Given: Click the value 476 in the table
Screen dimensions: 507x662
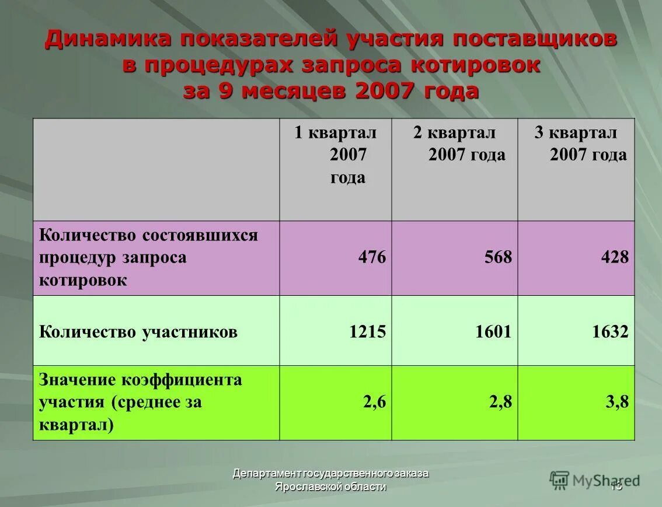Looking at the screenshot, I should click(x=372, y=257).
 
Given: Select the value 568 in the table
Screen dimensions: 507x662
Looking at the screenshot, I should click(x=497, y=257).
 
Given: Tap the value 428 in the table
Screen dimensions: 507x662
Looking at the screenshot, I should click(x=615, y=257).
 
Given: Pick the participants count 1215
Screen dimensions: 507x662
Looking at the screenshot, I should click(x=367, y=332).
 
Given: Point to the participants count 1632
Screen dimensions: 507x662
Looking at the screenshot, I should click(x=610, y=332).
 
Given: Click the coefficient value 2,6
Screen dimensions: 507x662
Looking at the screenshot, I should click(x=374, y=402).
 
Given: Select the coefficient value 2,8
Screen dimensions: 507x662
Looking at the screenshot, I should click(x=500, y=402).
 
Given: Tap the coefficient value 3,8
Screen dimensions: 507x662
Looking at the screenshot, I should click(x=618, y=402).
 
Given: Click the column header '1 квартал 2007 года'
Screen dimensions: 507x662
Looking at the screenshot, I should click(x=336, y=155).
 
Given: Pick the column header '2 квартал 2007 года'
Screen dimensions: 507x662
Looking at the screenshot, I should click(x=455, y=144).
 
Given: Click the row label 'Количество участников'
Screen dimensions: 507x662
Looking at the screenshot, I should click(x=138, y=333).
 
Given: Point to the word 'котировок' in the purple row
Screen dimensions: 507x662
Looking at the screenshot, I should click(x=83, y=279).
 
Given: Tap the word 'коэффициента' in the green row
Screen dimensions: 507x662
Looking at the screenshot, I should click(x=182, y=380).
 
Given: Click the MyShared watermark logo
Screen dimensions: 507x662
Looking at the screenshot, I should click(x=594, y=480).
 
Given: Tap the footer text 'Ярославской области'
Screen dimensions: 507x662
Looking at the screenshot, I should click(x=330, y=487).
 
